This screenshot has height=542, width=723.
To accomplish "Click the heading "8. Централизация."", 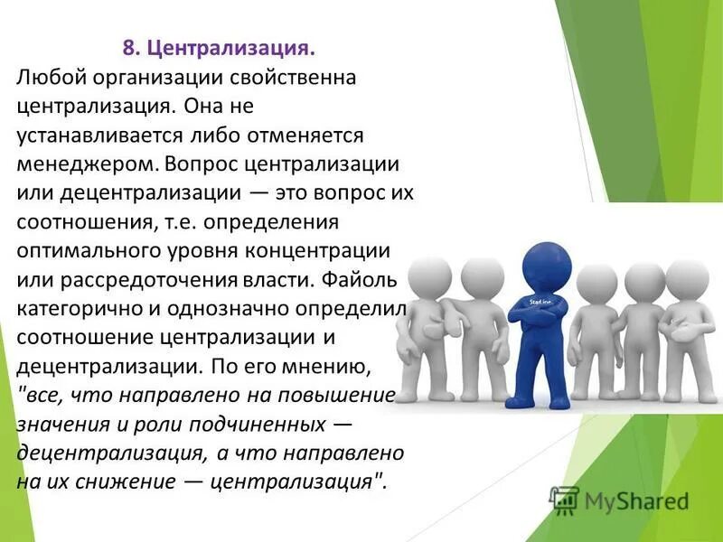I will (x=220, y=46).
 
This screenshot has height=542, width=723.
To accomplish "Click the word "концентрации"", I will (x=325, y=251).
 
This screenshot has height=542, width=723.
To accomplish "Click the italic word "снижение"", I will (x=132, y=481).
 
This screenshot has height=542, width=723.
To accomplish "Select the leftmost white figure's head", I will (x=430, y=276).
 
